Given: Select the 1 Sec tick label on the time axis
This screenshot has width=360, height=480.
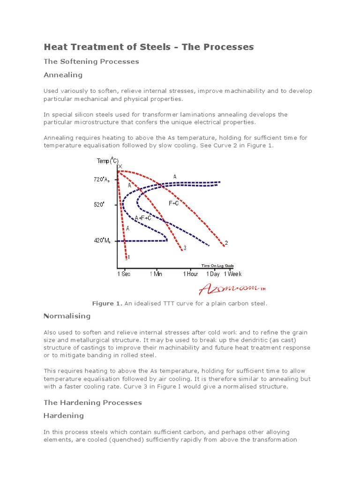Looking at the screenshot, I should [124, 274].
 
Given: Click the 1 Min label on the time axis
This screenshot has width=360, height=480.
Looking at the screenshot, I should [156, 274].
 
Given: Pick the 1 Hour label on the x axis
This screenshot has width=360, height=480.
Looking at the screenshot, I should [190, 274].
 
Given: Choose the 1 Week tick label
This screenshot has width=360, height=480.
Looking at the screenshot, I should [232, 274].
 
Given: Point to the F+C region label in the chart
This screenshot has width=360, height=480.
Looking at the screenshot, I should [173, 203].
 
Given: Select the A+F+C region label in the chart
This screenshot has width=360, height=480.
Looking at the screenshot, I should [143, 218].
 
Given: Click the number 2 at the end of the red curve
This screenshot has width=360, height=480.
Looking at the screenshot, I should [226, 243].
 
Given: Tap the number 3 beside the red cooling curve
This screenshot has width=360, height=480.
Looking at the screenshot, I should [185, 248].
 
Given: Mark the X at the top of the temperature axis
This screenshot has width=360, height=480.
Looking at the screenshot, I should [120, 167].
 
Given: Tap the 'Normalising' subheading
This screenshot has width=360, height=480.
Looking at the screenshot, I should [67, 316].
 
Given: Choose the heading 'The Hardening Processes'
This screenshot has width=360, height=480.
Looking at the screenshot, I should [92, 403].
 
